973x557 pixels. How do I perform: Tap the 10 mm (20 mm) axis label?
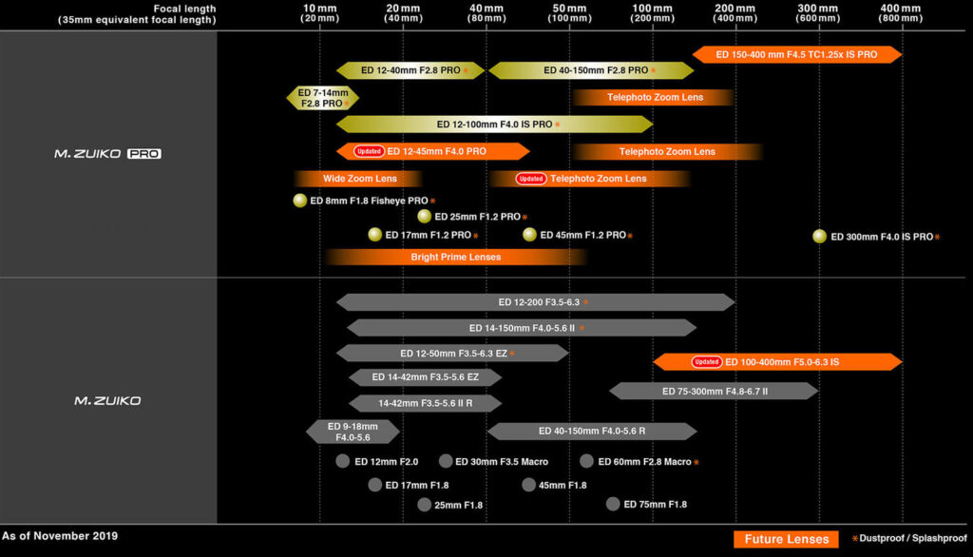pos(319,13)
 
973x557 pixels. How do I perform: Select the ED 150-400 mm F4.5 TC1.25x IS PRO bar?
pos(797,54)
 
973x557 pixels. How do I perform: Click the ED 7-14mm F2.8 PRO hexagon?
pos(323,98)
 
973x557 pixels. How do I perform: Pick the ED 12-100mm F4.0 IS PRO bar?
pos(494,125)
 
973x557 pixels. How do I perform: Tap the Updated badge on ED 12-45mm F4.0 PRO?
pos(369,151)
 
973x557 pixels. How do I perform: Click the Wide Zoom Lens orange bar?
pos(358,179)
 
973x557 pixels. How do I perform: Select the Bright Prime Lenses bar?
pos(455,257)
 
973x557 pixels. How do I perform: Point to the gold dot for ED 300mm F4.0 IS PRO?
pos(820,237)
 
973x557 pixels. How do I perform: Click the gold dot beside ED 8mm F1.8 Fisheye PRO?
pos(299,201)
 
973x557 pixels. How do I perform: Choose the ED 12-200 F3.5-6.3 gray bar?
pos(536,302)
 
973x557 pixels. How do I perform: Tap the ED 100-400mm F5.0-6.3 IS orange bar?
pos(777,362)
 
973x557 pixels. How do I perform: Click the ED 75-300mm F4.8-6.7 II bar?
pos(715,392)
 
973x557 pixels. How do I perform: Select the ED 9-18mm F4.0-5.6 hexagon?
pos(353,432)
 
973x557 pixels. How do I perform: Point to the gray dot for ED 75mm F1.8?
pos(613,504)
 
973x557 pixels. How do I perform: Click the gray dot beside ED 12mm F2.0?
pos(342,461)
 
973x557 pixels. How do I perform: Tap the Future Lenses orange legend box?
pos(786,539)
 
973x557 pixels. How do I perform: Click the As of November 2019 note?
pos(60,536)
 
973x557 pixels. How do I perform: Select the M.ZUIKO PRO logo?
pos(107,153)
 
